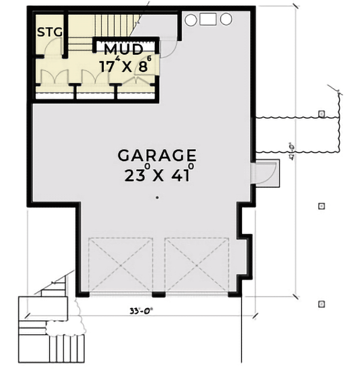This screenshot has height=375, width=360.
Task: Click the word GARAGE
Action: [x=156, y=155]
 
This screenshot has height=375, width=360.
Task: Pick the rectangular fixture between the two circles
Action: [x=208, y=19]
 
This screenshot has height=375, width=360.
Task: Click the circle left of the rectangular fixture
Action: [x=191, y=20]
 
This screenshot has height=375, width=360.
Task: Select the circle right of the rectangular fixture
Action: [x=226, y=19]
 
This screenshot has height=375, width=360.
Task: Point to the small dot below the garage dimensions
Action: [x=157, y=198]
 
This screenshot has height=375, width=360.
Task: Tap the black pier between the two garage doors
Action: [x=159, y=295]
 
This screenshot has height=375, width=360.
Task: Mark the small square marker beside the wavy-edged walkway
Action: [x=322, y=114]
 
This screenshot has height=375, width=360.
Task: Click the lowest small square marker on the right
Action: [x=322, y=304]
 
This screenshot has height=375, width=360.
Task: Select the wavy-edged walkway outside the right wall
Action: [x=295, y=135]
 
